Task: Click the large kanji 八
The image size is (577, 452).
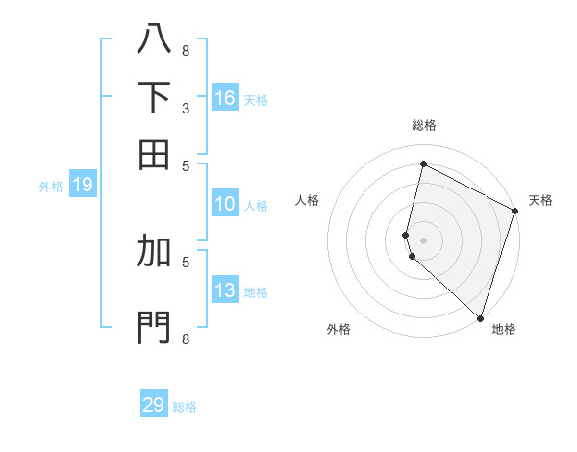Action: [154, 38]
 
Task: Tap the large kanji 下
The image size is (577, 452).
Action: [154, 96]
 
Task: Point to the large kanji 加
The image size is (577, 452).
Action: [154, 252]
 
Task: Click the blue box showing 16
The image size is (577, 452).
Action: [225, 98]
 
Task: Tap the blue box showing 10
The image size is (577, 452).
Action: [225, 204]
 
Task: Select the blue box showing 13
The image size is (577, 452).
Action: [225, 290]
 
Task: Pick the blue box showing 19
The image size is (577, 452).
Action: [82, 185]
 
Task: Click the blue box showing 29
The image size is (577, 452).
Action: [154, 405]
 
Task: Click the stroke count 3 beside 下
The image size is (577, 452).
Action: [186, 108]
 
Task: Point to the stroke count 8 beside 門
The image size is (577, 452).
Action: [186, 339]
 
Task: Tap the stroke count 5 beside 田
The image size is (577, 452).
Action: [186, 165]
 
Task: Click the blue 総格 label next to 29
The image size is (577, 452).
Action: [185, 407]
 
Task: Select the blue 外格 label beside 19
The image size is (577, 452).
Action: [51, 187]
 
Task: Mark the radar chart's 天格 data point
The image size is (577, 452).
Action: [515, 213]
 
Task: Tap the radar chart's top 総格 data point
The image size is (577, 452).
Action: [423, 164]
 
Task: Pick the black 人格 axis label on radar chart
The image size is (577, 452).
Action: [308, 200]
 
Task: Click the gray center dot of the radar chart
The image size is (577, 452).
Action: [423, 239]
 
